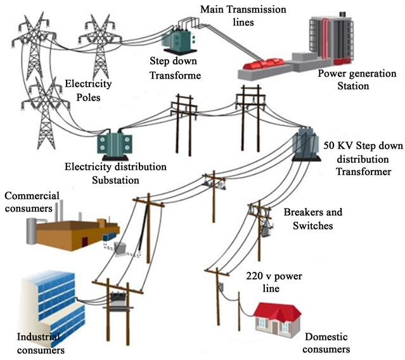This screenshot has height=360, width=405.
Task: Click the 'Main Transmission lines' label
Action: click(243, 16)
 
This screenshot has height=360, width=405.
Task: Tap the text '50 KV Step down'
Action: click(362, 145)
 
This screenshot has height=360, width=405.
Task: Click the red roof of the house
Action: click(277, 311)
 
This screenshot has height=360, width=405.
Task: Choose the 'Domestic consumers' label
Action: click(326, 343)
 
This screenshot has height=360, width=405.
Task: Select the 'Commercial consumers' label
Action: click(30, 202)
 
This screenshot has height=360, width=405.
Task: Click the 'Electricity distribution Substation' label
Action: click(115, 173)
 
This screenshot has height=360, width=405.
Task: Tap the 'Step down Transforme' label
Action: click(175, 68)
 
